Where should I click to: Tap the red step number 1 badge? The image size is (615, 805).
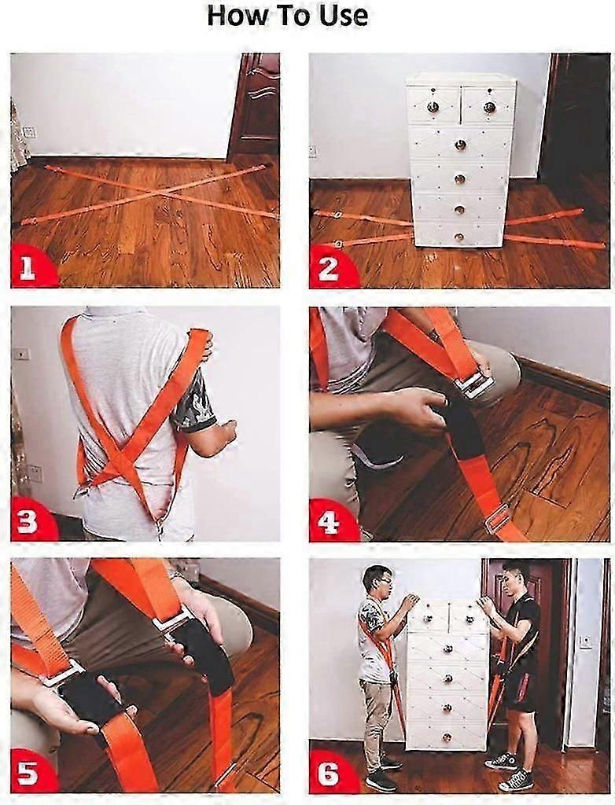(x=28, y=270)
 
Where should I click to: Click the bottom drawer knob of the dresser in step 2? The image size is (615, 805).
(x=459, y=237)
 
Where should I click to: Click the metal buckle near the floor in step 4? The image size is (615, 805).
(x=497, y=519)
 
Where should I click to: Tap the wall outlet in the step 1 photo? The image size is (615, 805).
(x=29, y=132)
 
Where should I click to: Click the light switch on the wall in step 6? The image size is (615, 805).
(x=585, y=641)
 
